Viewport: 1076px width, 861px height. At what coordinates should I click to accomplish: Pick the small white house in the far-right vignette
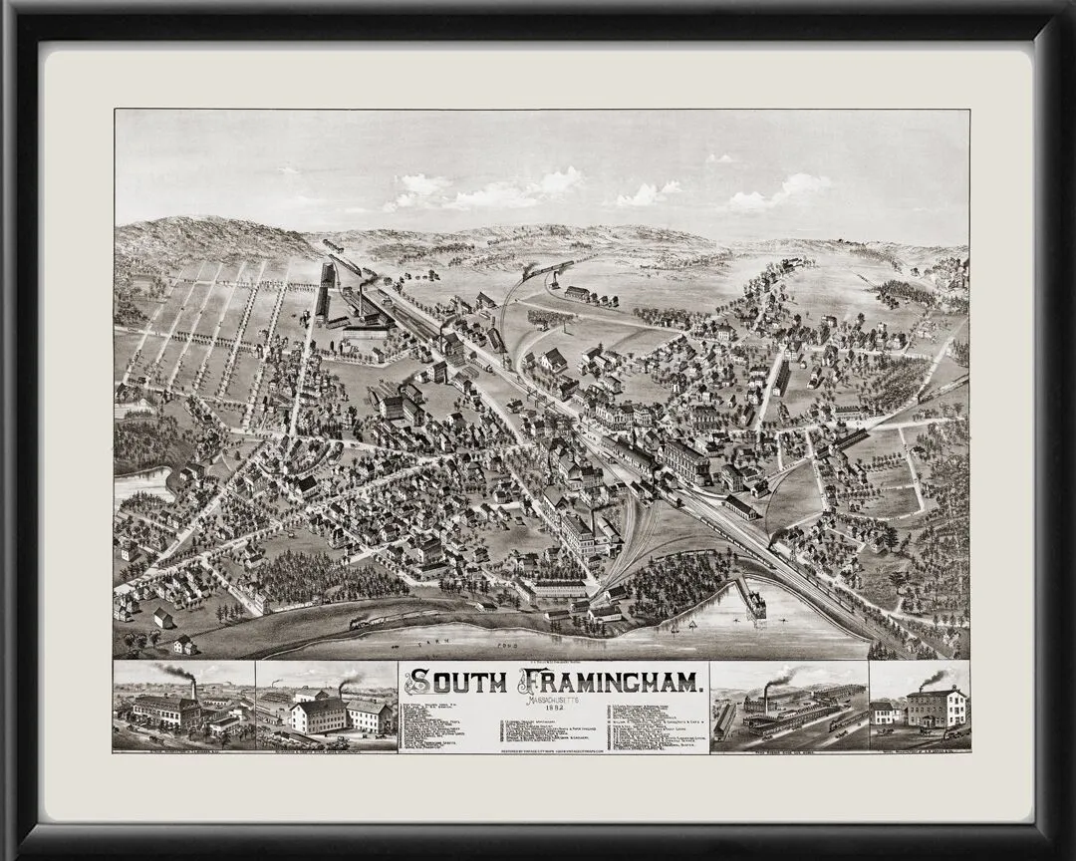pyautogui.click(x=884, y=713)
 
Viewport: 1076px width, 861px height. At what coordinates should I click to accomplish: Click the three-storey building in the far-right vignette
pyautogui.click(x=936, y=708)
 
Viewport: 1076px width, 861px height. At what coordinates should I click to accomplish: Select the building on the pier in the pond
pyautogui.click(x=754, y=604)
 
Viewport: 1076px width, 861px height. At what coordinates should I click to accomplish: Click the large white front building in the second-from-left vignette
pyautogui.click(x=319, y=716)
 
